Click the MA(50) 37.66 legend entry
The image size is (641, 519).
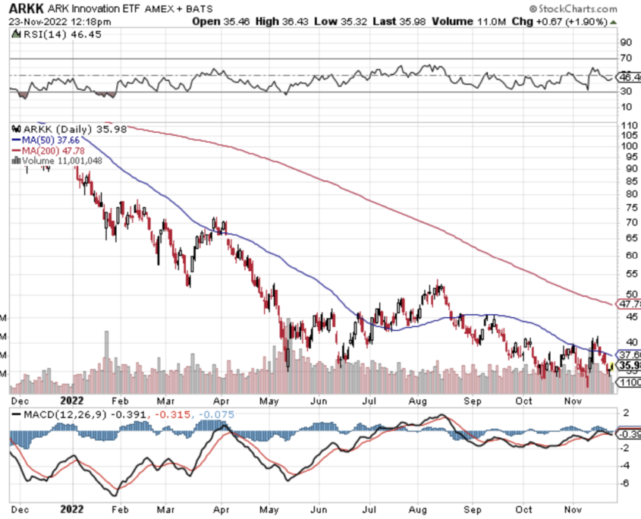pyautogui.click(x=52, y=139)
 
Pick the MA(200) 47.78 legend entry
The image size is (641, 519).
pyautogui.click(x=55, y=149)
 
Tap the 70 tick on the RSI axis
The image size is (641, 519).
pyautogui.click(x=626, y=58)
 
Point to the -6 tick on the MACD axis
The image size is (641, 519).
pyautogui.click(x=625, y=483)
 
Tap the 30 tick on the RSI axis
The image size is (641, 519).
pyautogui.click(x=626, y=92)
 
